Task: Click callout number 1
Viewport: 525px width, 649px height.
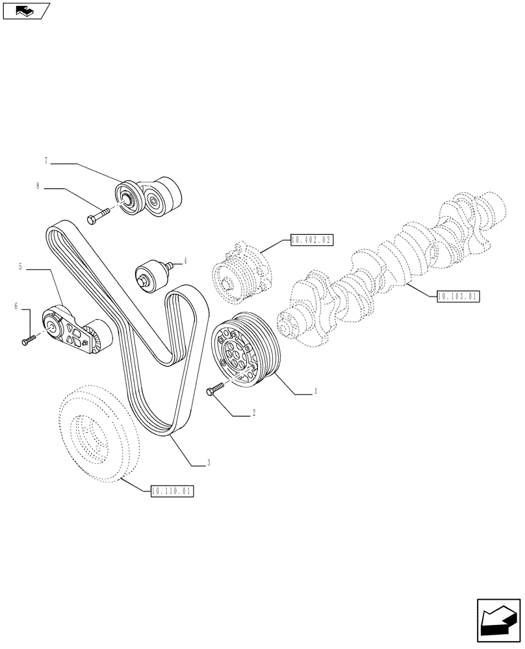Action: tap(315, 391)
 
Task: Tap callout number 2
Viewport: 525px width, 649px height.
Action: tap(253, 412)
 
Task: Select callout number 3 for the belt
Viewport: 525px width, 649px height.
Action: tap(208, 463)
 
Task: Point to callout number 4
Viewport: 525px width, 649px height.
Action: tap(185, 262)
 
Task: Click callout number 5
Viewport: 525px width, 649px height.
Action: tap(21, 266)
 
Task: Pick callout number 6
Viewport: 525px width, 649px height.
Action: tap(16, 306)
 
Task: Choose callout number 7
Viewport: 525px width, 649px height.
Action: tap(46, 160)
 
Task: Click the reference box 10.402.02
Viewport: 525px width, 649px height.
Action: tap(311, 239)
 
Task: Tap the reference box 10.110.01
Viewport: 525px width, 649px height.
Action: tap(172, 491)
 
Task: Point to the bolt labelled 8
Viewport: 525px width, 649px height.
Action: tap(98, 216)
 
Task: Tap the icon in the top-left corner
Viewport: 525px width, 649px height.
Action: tap(26, 10)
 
